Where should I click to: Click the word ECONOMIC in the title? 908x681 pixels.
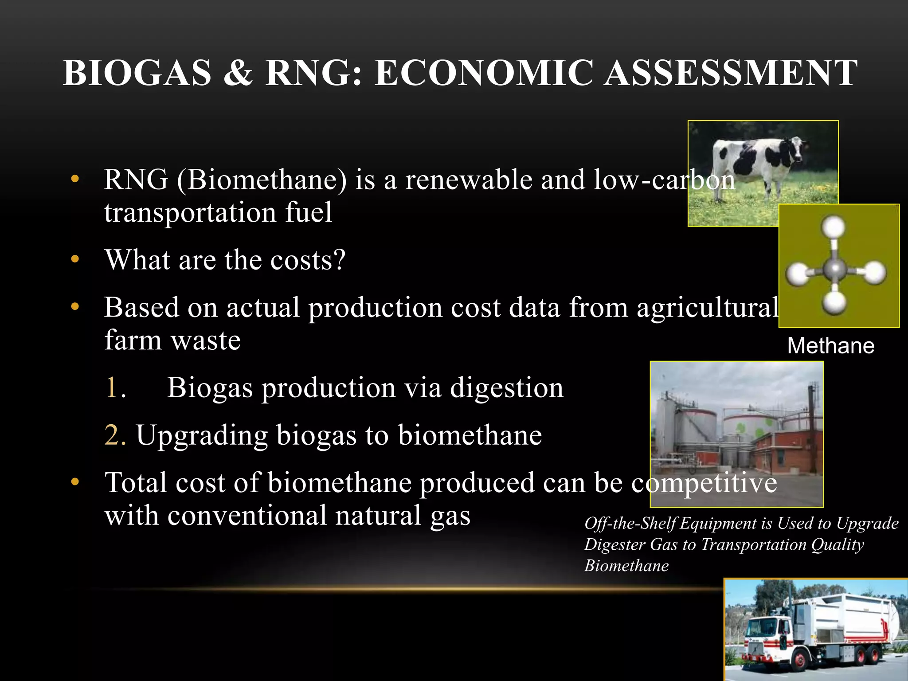(484, 73)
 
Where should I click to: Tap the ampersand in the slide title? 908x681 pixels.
(238, 73)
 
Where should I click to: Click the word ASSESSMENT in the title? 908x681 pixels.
(731, 73)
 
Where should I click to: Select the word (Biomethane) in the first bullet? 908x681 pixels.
(262, 180)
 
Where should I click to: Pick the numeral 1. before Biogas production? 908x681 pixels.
(115, 388)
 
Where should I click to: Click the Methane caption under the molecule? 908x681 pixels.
(830, 346)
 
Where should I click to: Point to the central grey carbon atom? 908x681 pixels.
(835, 268)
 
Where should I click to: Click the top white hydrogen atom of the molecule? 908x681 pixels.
(834, 227)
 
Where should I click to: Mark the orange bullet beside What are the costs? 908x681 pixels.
(75, 259)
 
